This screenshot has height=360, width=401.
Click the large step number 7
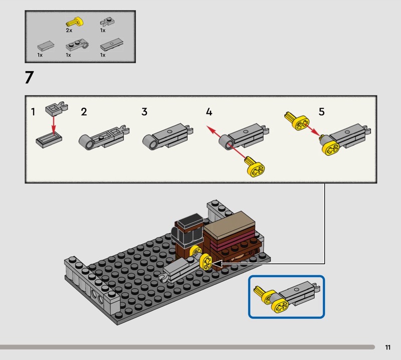[x=29, y=79]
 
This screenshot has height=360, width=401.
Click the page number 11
[x=388, y=347]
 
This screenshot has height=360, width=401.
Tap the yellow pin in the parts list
[x=74, y=22]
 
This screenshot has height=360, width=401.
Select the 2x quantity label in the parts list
[x=69, y=31]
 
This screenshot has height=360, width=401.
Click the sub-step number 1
[x=33, y=112]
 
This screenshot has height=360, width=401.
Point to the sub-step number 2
[x=84, y=112]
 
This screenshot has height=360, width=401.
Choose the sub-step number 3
[x=144, y=112]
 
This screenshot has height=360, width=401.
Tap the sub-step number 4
[x=209, y=112]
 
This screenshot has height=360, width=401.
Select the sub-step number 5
[x=321, y=112]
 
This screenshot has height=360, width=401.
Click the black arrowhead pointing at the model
[x=217, y=262]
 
